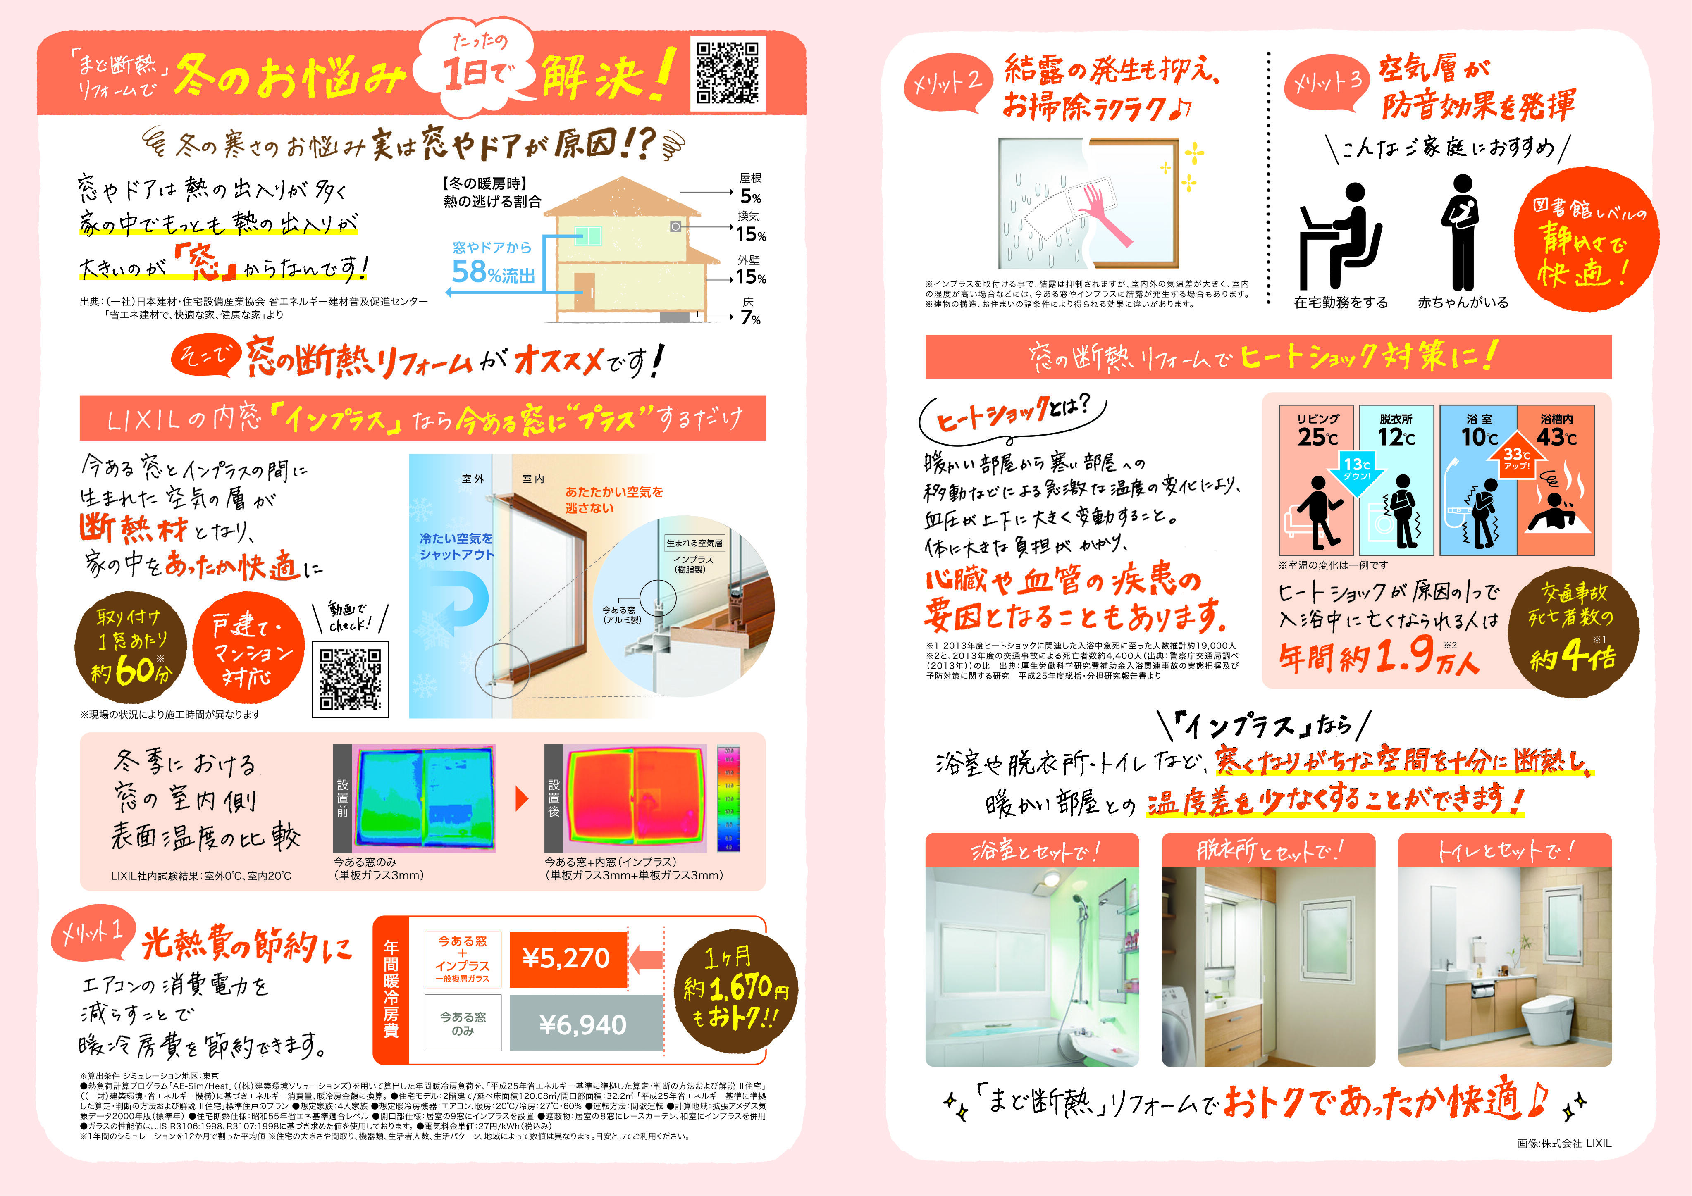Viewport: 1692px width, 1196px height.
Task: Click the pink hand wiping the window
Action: (x=1105, y=214)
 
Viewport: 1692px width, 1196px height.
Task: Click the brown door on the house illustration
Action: (x=584, y=291)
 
